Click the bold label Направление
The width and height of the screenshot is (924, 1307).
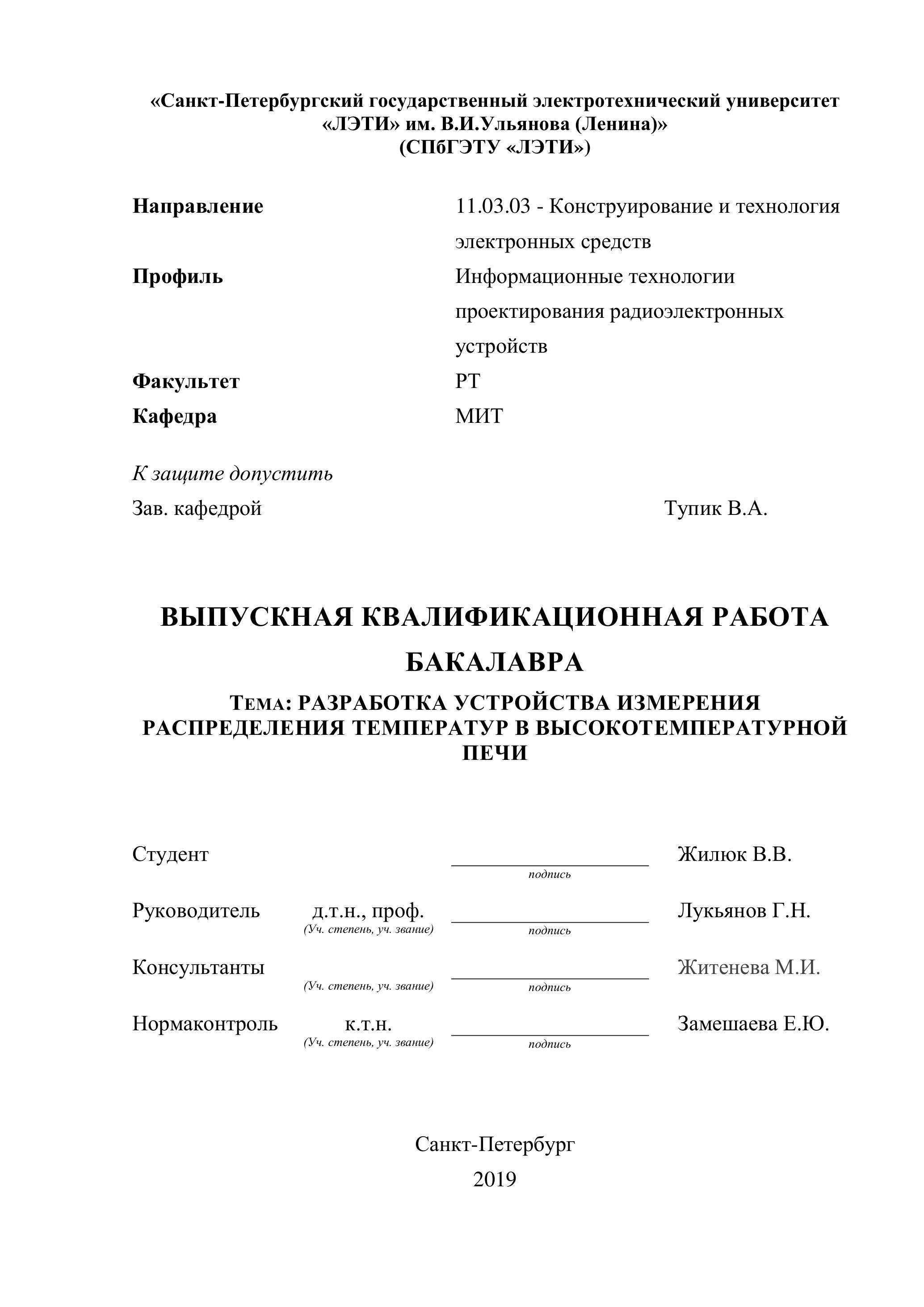click(198, 206)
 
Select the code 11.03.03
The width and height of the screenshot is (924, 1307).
click(493, 206)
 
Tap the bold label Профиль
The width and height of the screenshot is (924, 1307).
click(177, 277)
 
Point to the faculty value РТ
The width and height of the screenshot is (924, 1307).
click(468, 381)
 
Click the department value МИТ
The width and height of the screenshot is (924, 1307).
click(479, 416)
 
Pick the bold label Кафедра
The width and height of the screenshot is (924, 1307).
click(175, 416)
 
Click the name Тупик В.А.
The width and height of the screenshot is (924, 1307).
click(716, 508)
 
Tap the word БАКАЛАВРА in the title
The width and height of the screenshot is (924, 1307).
click(495, 662)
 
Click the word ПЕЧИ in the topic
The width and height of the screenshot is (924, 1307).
click(495, 753)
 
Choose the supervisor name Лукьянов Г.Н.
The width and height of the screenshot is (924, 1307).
click(743, 911)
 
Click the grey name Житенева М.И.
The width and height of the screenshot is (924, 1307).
click(749, 967)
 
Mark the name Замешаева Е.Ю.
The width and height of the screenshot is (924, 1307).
click(753, 1024)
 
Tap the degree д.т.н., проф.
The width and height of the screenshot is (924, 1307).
click(368, 911)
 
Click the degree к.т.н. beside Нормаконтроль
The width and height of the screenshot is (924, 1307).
click(368, 1024)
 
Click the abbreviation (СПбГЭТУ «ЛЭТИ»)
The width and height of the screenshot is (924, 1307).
click(495, 148)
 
